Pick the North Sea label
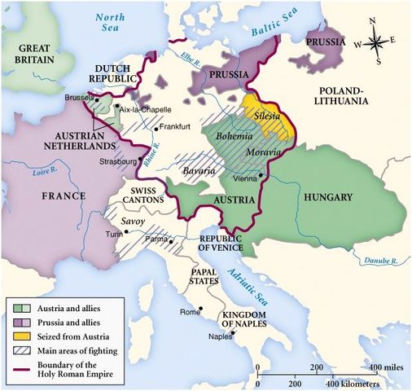[x=111, y=23]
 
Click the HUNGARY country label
[x=326, y=197]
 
